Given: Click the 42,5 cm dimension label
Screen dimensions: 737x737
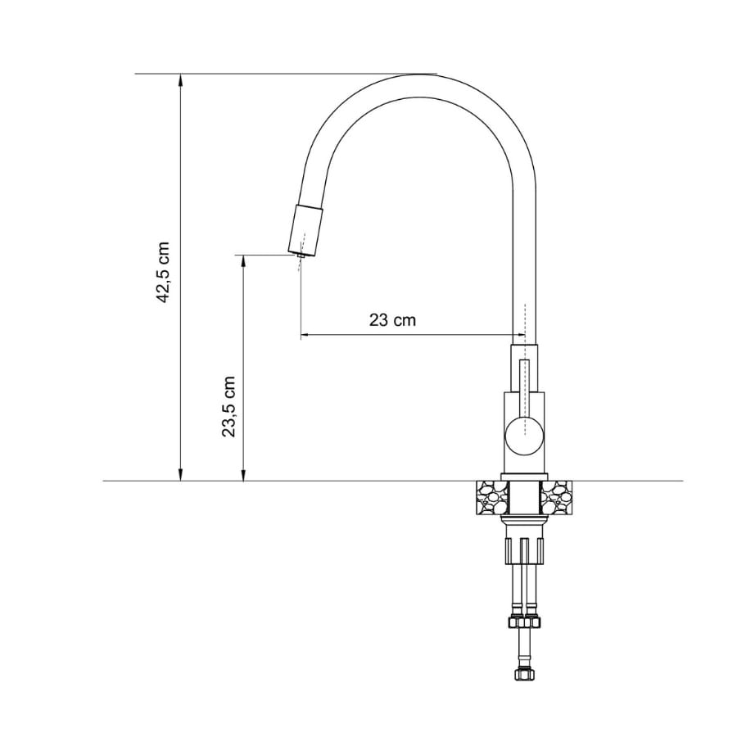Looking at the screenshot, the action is [x=164, y=273].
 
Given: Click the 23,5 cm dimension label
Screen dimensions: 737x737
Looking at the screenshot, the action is [x=228, y=406].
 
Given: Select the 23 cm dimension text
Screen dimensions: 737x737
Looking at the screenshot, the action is [x=392, y=320].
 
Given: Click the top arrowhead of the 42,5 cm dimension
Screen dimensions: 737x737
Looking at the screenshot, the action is [x=180, y=80].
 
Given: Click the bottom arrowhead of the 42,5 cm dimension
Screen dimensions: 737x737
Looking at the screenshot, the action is [x=180, y=475].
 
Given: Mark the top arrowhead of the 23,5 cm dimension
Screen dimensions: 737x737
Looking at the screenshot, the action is [x=243, y=261].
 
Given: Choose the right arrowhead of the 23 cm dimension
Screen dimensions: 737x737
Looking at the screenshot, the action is [x=518, y=335].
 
